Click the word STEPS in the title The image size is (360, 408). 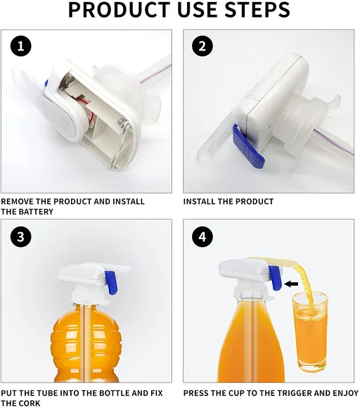257,10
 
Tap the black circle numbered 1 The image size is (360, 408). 21,46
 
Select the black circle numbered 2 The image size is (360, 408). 202,46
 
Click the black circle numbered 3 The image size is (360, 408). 21,237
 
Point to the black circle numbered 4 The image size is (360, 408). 202,237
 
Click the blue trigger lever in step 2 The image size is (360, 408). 248,146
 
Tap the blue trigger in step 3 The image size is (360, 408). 111,283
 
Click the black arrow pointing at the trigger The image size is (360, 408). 291,284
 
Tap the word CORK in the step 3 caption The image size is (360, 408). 30,403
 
